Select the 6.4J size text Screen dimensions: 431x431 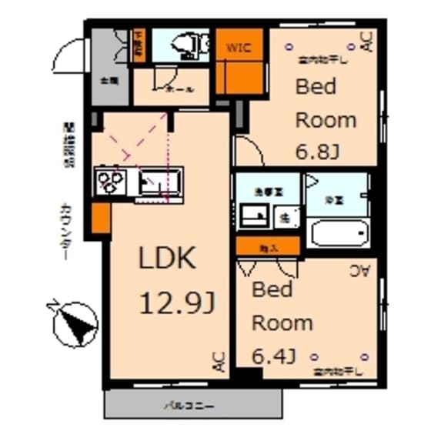tap(275, 356)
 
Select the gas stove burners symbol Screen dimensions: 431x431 tap(111, 183)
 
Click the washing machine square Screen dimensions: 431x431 tap(285, 218)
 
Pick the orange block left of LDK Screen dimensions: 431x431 tap(100, 219)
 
